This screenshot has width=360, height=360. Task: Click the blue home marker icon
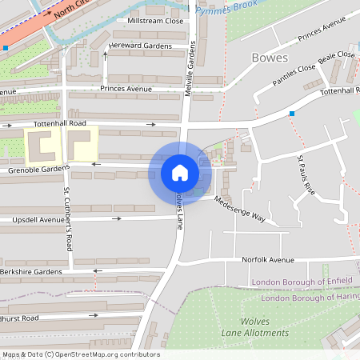(x=180, y=173)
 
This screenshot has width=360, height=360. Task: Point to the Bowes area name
(x=269, y=58)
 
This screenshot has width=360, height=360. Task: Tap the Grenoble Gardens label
(x=35, y=170)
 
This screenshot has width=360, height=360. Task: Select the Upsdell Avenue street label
(x=38, y=219)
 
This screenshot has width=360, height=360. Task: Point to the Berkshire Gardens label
(x=31, y=272)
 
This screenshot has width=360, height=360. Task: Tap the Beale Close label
(x=336, y=55)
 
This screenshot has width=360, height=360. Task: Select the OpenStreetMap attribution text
(x=81, y=354)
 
